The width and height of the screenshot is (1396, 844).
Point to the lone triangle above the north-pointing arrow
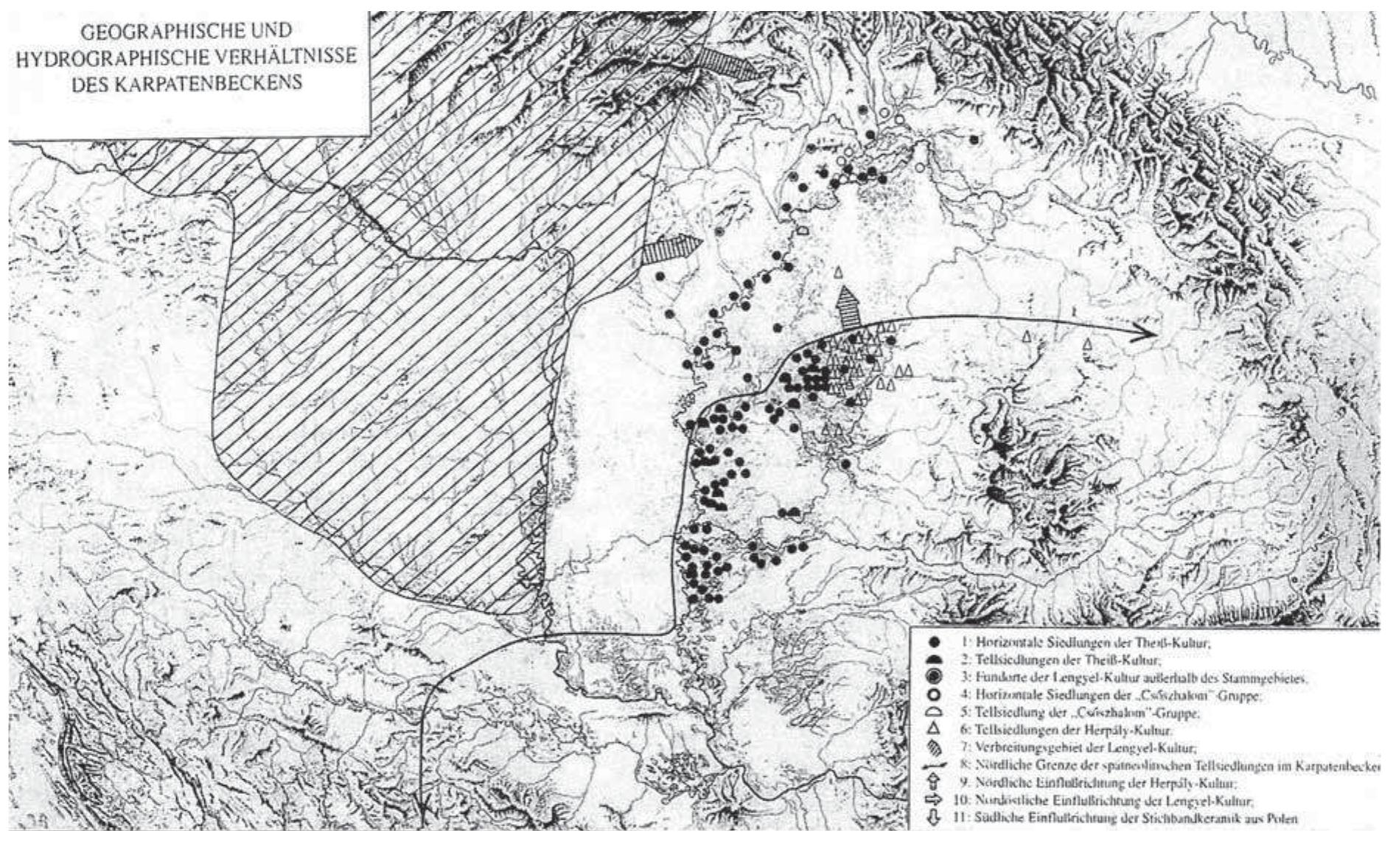pos(837,273)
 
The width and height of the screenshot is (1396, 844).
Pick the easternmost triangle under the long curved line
pos(1087,344)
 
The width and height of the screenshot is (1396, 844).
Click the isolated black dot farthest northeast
pos(974,139)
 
